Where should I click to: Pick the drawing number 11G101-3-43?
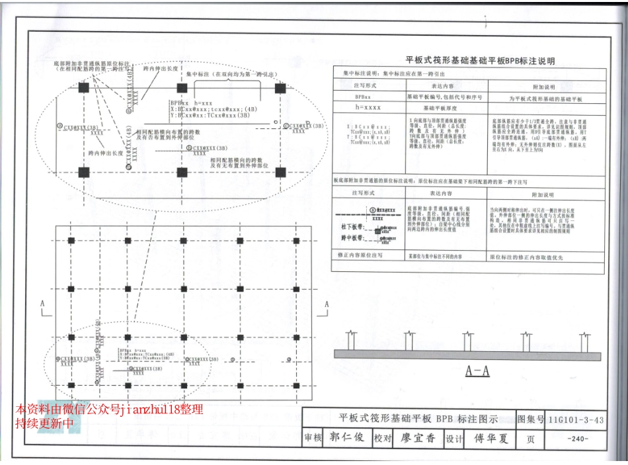point(576,419)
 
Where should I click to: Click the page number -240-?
point(577,439)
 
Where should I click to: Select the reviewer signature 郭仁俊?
point(347,438)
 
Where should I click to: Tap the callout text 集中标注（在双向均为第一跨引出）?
point(223,75)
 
